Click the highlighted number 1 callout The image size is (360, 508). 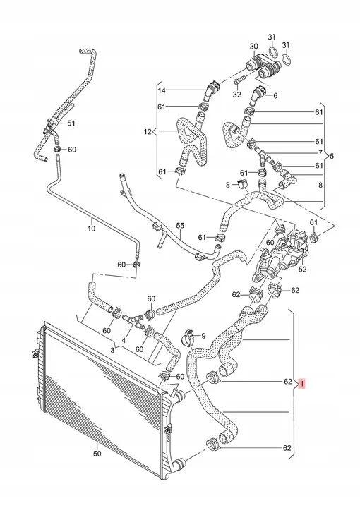[301, 385]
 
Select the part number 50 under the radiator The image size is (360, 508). [97, 454]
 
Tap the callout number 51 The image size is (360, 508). [71, 123]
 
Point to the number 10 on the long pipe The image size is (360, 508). [91, 229]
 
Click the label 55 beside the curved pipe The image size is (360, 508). [180, 226]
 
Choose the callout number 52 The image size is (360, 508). [302, 269]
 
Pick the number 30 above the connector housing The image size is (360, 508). [253, 47]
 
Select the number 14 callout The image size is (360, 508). [162, 90]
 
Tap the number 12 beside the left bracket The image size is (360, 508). [148, 132]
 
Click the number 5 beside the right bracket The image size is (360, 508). [332, 156]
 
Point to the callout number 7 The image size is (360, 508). [320, 152]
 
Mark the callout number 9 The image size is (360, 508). [203, 336]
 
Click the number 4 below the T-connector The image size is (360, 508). [124, 340]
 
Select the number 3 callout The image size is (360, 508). [112, 350]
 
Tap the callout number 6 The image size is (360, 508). [275, 95]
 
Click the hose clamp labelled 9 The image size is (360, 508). [187, 337]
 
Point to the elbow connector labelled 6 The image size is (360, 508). [259, 93]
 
